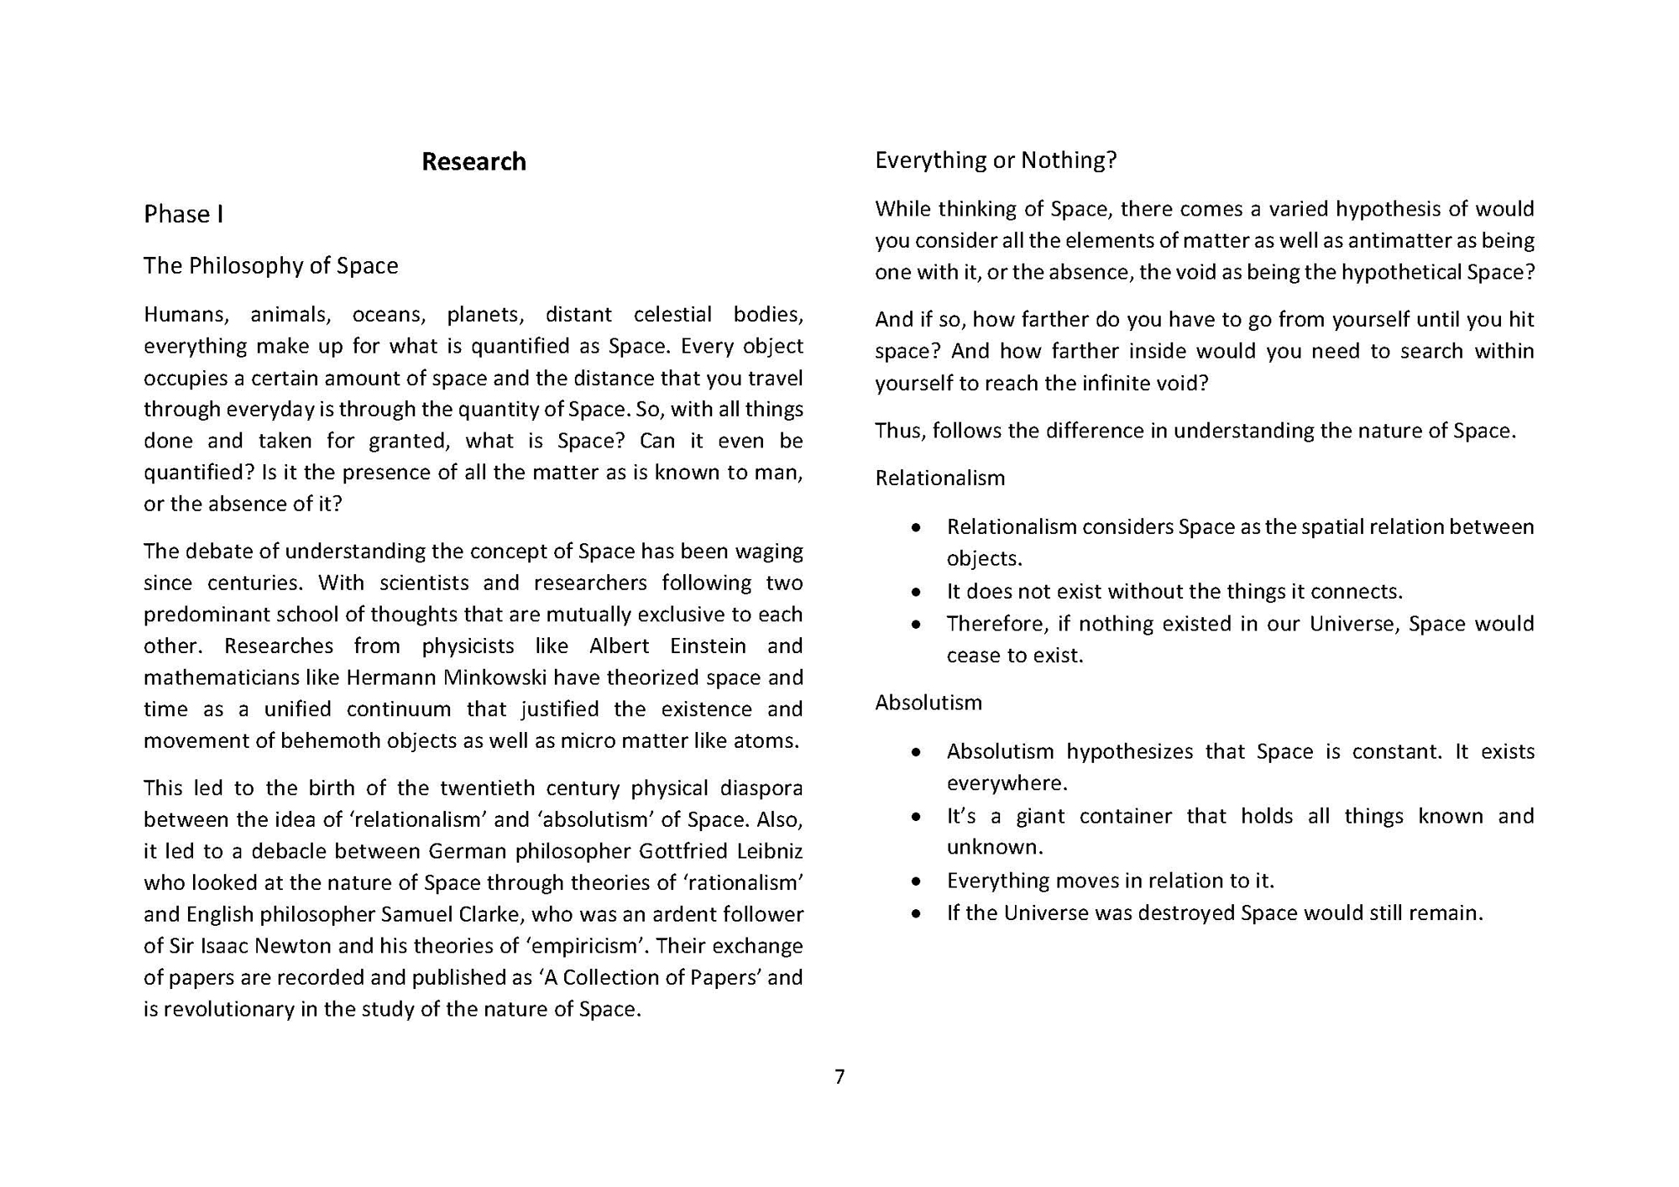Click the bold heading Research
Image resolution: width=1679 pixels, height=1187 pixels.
pyautogui.click(x=473, y=161)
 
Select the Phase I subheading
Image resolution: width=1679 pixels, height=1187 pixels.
pyautogui.click(x=183, y=214)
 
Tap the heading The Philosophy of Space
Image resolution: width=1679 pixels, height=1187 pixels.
pyautogui.click(x=270, y=265)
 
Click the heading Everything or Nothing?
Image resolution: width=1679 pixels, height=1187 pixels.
pyautogui.click(x=996, y=159)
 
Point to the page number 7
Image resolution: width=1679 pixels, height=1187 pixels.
pyautogui.click(x=839, y=1076)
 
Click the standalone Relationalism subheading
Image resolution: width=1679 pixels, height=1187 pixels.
pyautogui.click(x=939, y=478)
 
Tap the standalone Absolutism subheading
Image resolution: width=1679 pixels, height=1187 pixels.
pyautogui.click(x=928, y=702)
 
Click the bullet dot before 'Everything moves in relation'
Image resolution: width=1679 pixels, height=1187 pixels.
pyautogui.click(x=916, y=881)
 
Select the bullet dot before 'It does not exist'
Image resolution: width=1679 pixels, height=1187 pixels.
pyautogui.click(x=916, y=593)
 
